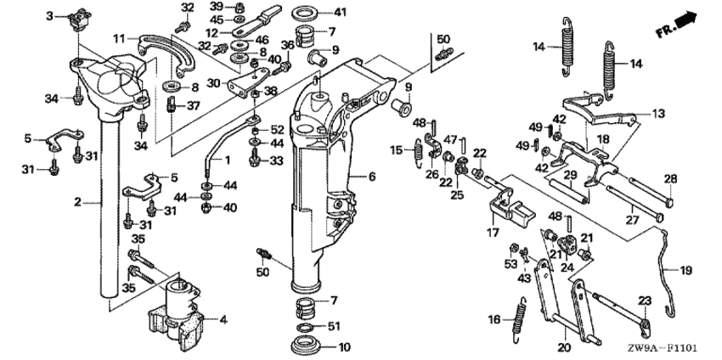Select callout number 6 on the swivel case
tap(371, 177)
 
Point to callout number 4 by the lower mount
tap(223, 321)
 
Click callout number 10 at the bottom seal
tap(344, 346)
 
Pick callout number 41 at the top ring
tap(341, 12)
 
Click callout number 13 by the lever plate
tap(659, 112)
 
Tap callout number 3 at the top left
tap(49, 16)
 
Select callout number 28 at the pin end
tap(669, 178)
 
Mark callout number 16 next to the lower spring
tap(496, 320)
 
